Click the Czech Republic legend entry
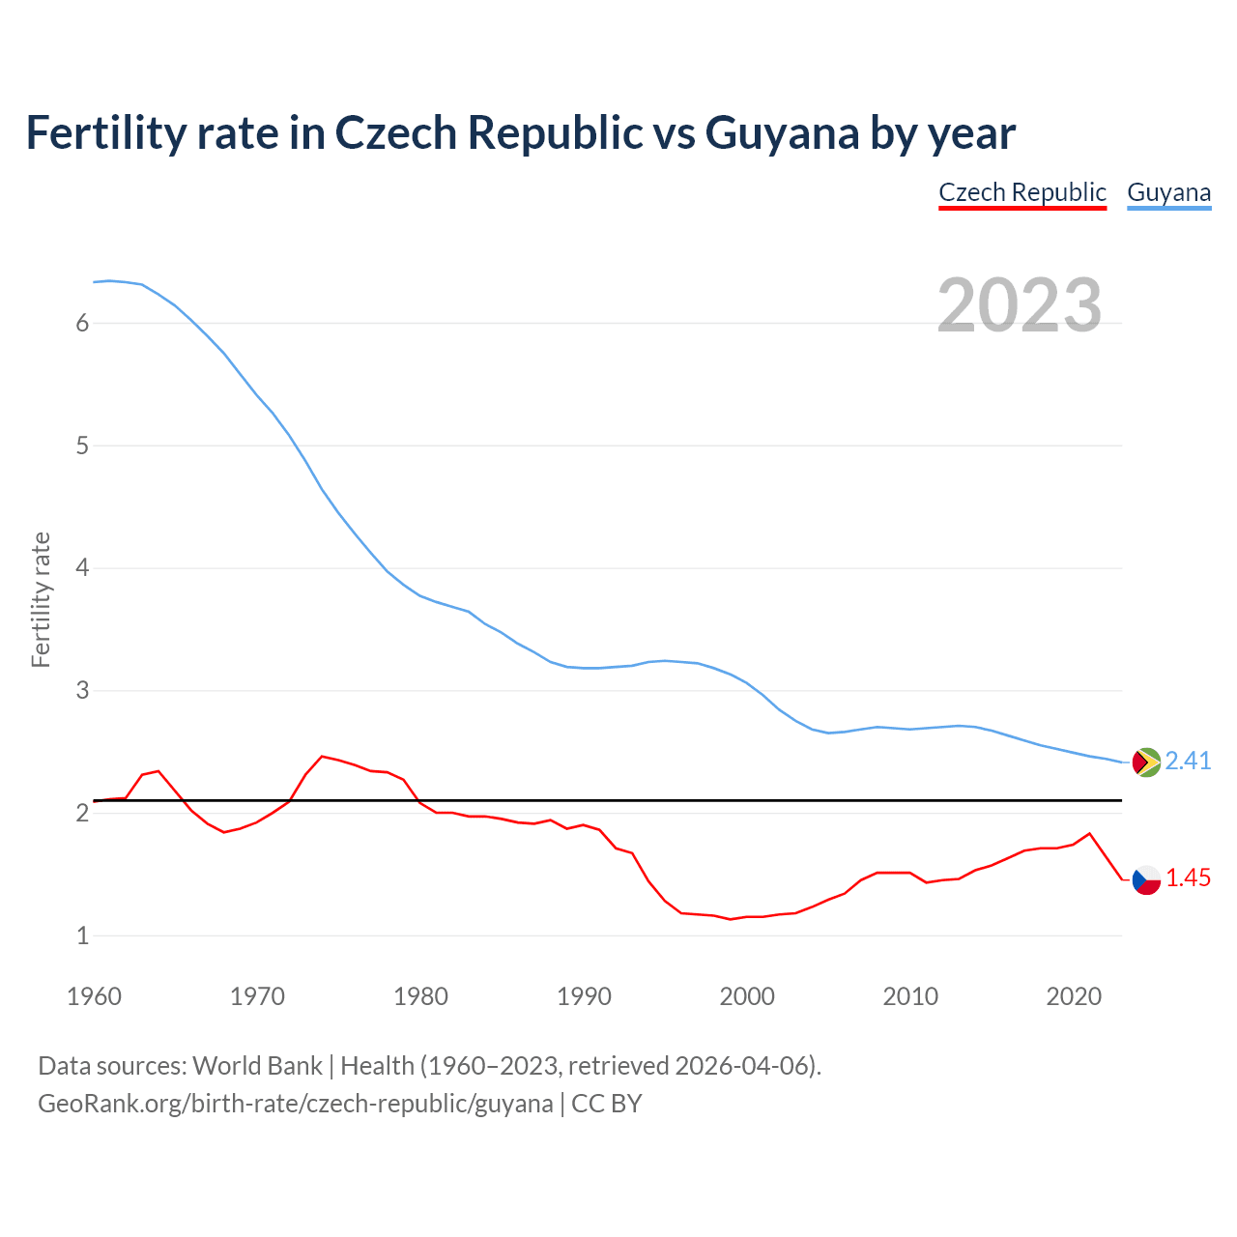pos(1022,192)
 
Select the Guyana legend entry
pos(1168,192)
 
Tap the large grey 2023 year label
pos(1020,305)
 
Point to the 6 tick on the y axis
pos(82,323)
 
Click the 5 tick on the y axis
pos(82,446)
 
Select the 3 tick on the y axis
pos(82,691)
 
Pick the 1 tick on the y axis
pos(82,935)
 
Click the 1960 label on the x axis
pos(94,996)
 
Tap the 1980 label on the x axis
pos(420,996)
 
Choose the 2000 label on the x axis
pos(747,996)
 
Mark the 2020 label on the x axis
pos(1074,996)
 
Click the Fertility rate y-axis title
pos(41,599)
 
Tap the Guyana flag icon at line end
pos(1146,762)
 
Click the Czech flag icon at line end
pos(1146,879)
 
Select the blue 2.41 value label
pos(1188,762)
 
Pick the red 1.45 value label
pos(1188,878)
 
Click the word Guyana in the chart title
pos(782,133)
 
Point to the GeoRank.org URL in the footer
pos(295,1104)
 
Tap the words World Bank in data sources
pos(257,1066)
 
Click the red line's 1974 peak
pos(322,757)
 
